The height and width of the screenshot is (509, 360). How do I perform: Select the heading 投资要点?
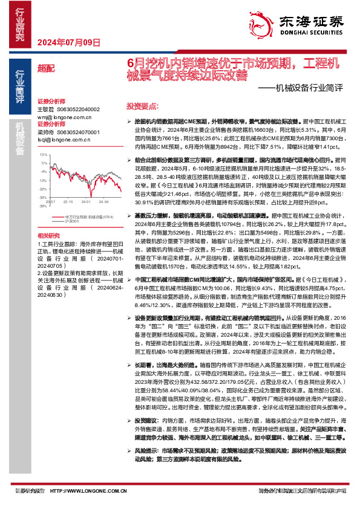pos(139,106)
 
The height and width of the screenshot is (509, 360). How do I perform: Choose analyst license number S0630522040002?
pos(78,109)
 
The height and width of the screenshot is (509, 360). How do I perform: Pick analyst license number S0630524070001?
pos(78,131)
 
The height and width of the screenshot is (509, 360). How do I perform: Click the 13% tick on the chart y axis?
pos(42,155)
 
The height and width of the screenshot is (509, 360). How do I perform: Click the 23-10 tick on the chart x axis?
pos(68,200)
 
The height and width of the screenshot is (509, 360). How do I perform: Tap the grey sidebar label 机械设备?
pos(21,138)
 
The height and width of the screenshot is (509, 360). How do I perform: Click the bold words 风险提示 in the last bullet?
pos(146,467)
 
